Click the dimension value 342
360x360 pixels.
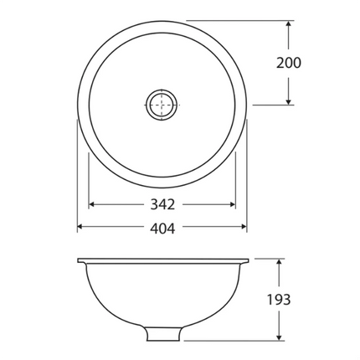tap(162, 204)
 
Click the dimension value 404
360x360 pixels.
tap(162, 228)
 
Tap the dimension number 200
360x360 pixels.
tap(287, 63)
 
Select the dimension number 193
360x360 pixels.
tap(279, 300)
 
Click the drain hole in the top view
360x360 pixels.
tap(162, 105)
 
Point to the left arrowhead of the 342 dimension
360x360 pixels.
tap(93, 204)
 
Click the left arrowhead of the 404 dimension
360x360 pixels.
tap(81, 228)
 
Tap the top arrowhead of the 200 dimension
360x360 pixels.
tap(288, 25)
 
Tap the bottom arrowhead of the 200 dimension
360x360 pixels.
tap(288, 100)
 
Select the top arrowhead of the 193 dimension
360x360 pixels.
tap(279, 262)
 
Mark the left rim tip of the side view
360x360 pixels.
tap(79, 260)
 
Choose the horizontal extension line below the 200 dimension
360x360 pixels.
tap(272, 105)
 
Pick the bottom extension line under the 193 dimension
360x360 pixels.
tap(234, 342)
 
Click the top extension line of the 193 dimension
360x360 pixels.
tap(268, 258)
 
